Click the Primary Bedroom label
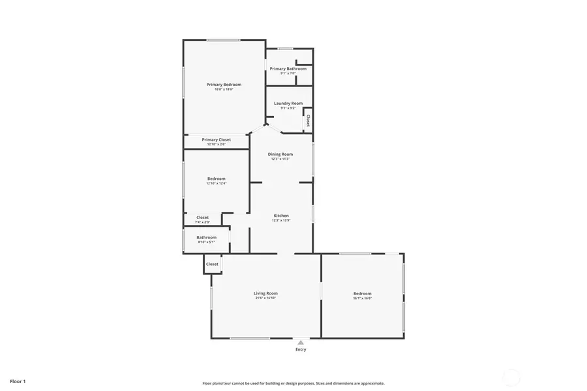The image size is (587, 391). click(x=224, y=85)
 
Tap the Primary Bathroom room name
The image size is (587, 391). click(x=288, y=68)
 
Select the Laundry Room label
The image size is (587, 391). click(x=288, y=103)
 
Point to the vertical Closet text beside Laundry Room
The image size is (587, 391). click(x=308, y=121)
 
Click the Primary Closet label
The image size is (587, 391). click(x=216, y=139)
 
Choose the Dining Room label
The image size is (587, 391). click(x=280, y=154)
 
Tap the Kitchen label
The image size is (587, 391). click(x=281, y=216)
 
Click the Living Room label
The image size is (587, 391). click(x=265, y=293)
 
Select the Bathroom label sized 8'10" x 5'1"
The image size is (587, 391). click(x=206, y=237)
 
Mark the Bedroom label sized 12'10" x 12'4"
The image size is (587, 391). click(x=217, y=179)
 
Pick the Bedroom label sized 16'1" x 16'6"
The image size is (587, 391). click(x=362, y=293)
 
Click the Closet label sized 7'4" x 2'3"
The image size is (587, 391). click(x=202, y=218)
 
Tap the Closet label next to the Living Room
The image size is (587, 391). click(x=212, y=264)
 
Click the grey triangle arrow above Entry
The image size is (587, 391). click(x=301, y=341)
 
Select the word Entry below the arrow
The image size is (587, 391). click(x=301, y=349)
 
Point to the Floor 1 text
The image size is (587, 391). click(x=18, y=381)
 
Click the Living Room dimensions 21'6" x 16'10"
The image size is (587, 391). click(x=265, y=298)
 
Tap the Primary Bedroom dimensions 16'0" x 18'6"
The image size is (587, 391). click(x=224, y=89)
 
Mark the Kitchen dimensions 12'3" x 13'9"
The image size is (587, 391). click(x=281, y=220)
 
